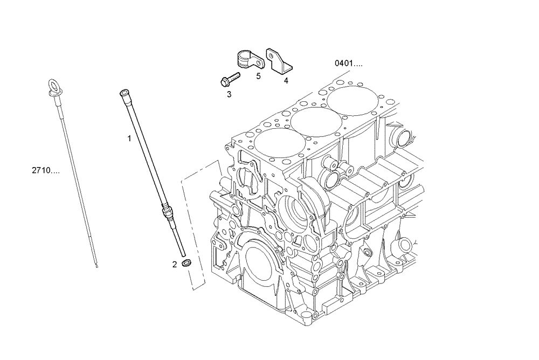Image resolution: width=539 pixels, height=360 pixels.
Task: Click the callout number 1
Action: [x=129, y=139]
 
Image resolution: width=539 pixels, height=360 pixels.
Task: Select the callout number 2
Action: [x=174, y=264]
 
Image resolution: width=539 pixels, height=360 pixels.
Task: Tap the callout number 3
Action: [x=229, y=94]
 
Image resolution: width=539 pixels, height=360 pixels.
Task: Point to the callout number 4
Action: [x=286, y=81]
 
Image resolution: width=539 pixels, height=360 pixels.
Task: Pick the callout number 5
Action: [x=258, y=76]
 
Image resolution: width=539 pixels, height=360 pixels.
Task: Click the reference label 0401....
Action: [x=348, y=63]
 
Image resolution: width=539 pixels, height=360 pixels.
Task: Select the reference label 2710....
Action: [x=45, y=170]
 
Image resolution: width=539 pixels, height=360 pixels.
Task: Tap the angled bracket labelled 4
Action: [x=278, y=60]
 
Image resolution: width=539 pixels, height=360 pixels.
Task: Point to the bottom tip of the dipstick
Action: [x=96, y=265]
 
